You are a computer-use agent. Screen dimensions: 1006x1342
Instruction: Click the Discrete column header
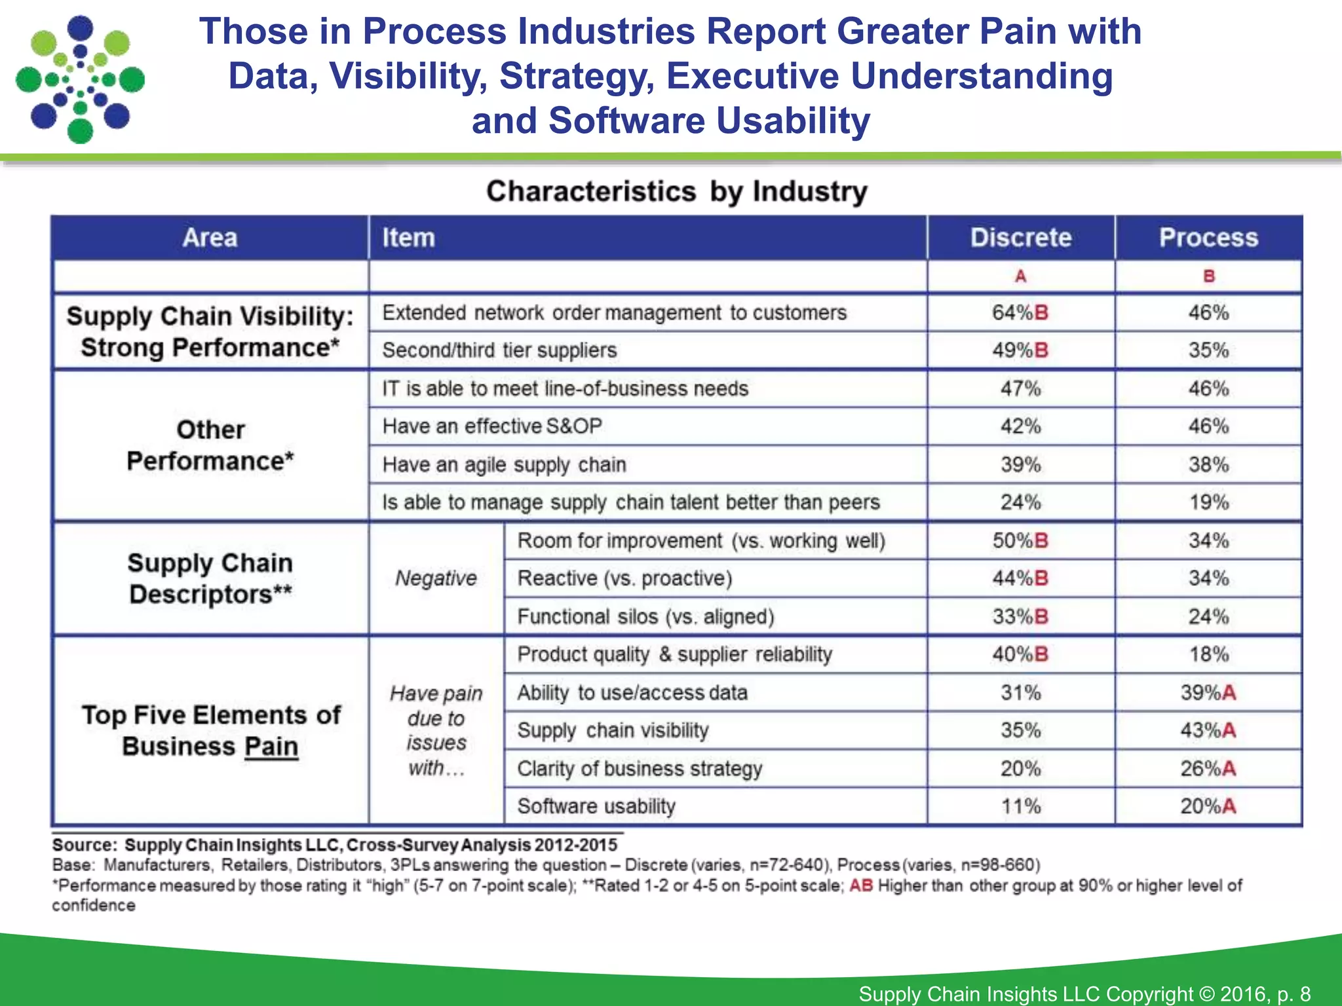tap(1020, 237)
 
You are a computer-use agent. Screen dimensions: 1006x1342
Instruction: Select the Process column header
tap(1208, 237)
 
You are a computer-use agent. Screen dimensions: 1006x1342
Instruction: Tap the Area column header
tap(210, 237)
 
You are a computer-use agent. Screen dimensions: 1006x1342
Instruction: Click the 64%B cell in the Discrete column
tap(1020, 312)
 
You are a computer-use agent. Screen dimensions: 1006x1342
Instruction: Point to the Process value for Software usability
tap(1208, 806)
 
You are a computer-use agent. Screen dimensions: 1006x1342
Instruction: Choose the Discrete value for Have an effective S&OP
tap(1020, 426)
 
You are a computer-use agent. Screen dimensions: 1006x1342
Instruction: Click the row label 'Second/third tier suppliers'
tap(499, 350)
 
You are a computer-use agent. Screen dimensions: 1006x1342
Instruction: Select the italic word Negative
tap(436, 578)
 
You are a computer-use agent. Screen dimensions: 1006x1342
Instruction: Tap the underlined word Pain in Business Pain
tap(271, 747)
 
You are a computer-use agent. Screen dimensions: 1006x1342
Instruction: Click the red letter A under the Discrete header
tap(1020, 276)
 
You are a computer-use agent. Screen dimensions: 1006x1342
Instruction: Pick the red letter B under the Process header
tap(1209, 276)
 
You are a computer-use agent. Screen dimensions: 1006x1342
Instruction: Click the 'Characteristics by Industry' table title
tap(676, 192)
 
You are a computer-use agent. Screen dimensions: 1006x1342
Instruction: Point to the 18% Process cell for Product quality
tap(1209, 654)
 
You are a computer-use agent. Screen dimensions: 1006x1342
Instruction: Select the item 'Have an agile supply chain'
tap(504, 464)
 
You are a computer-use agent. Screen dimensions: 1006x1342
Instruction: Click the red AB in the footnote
tap(861, 885)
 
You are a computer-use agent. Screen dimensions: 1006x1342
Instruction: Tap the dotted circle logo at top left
tap(80, 80)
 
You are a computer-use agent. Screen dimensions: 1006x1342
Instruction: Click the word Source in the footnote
tap(82, 845)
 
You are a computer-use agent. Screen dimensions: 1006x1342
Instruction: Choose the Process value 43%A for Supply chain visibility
tap(1208, 730)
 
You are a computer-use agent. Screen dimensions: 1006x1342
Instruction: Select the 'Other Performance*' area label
tap(210, 445)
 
